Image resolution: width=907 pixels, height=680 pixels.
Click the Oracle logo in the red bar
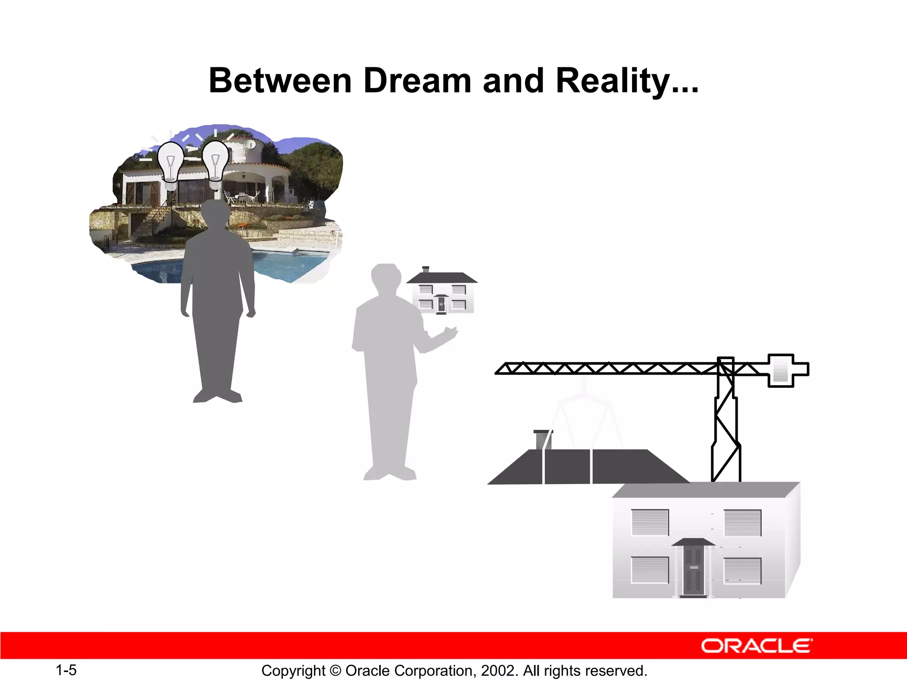[756, 646]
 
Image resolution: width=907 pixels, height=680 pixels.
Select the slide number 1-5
[66, 670]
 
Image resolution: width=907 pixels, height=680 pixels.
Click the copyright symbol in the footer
[335, 671]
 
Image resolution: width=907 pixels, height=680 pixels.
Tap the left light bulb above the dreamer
[171, 164]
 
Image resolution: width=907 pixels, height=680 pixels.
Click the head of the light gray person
[385, 277]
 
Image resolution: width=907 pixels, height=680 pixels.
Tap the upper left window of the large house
[650, 522]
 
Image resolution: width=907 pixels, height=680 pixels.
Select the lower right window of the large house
[743, 570]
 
